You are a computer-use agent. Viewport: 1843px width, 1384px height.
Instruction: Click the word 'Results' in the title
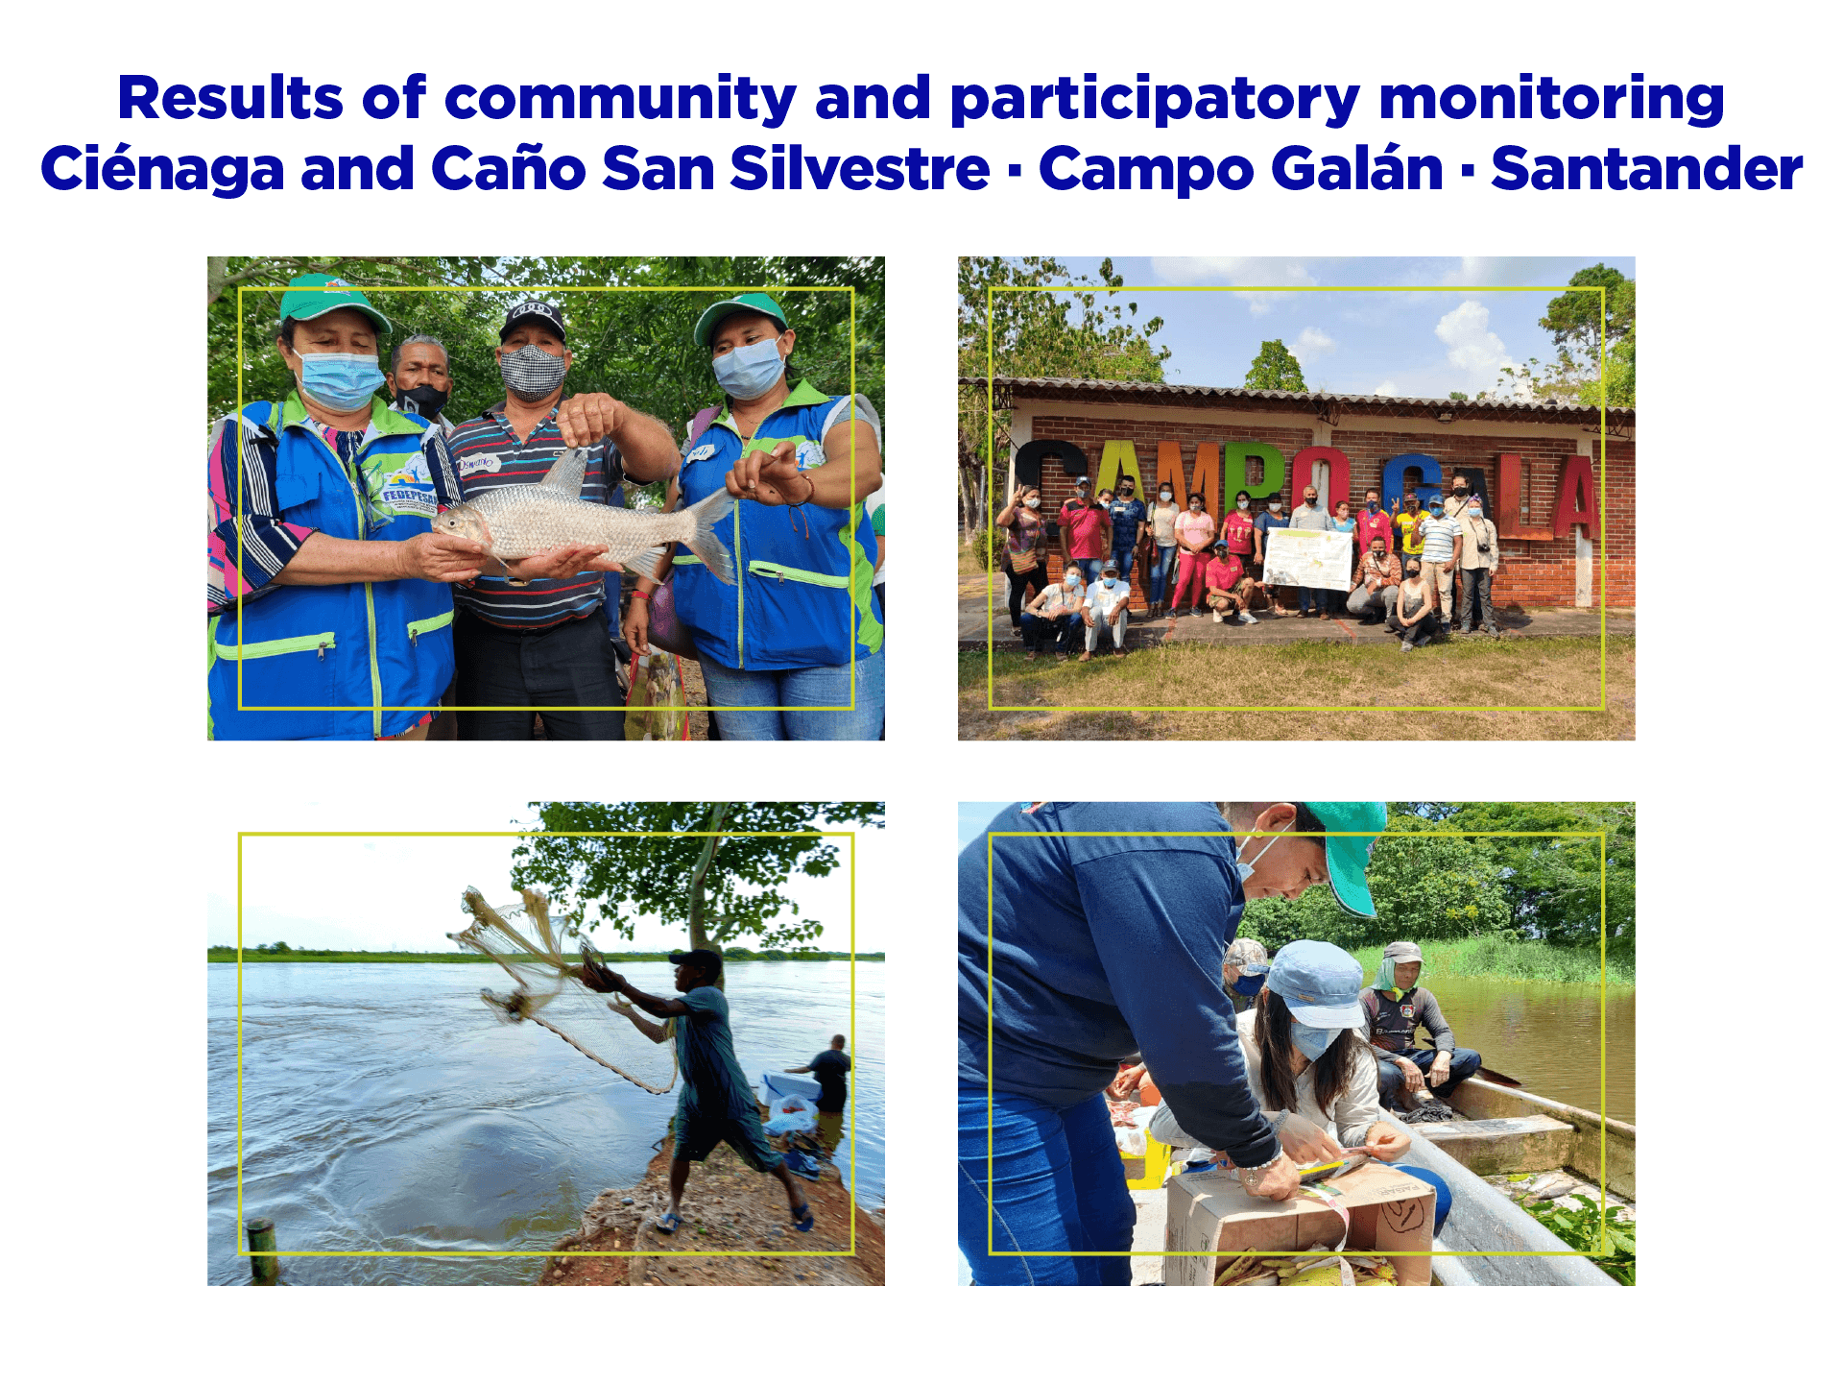tap(229, 98)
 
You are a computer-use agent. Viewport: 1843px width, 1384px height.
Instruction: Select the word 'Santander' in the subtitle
tap(1645, 170)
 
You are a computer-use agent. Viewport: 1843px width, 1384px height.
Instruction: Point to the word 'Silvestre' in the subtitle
tap(859, 170)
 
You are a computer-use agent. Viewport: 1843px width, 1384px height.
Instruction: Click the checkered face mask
tap(533, 372)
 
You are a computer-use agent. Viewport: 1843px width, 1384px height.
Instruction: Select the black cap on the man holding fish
tap(532, 317)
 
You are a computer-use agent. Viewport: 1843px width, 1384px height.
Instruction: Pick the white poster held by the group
tap(1307, 558)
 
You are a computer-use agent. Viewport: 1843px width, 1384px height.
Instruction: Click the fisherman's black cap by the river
tap(699, 959)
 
